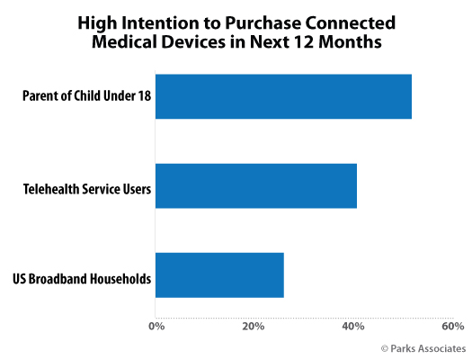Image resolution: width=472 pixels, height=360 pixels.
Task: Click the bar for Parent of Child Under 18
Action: point(283,96)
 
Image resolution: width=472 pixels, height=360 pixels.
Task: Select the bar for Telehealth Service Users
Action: point(256,186)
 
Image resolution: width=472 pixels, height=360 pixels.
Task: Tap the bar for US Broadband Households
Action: point(219,275)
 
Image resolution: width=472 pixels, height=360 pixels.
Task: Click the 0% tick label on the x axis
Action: point(156,327)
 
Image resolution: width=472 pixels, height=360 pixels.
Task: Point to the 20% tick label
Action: point(254,327)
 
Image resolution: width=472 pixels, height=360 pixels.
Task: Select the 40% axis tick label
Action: point(353,327)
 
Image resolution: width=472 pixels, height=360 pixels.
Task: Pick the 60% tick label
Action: point(453,327)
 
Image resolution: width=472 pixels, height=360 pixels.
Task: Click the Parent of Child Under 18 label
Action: point(86,95)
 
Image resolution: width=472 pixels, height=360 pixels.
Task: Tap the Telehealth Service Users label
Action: point(87,189)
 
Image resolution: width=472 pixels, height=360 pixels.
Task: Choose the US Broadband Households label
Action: point(82,279)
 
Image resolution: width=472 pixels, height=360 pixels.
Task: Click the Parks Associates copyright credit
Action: point(423,348)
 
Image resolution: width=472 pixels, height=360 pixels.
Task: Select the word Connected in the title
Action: point(351,22)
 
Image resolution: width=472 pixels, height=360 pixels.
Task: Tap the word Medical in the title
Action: point(125,41)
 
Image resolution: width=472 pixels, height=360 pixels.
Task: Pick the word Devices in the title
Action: point(193,41)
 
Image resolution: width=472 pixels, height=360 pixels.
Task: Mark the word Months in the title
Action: point(350,41)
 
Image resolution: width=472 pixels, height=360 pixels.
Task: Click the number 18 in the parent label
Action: point(145,95)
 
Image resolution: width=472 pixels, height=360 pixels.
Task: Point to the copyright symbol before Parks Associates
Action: point(385,348)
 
